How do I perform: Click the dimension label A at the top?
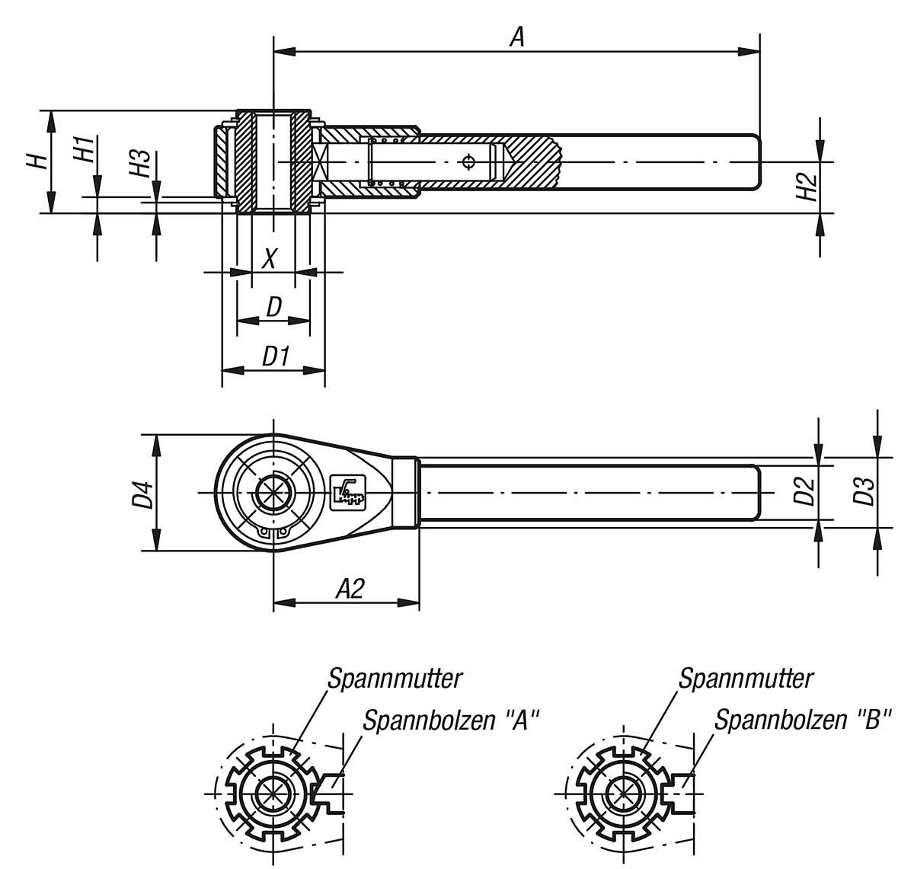coord(517,37)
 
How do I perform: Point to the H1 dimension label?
coord(85,149)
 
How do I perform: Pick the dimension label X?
coord(270,259)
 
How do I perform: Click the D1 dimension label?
coord(275,356)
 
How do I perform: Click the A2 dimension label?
coord(350,588)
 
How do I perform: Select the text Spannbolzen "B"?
coord(802,720)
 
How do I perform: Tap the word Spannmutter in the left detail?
coord(395,679)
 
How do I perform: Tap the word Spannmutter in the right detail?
coord(746,679)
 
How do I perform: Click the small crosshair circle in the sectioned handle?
coord(468,161)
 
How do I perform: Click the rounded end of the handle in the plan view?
coord(756,492)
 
